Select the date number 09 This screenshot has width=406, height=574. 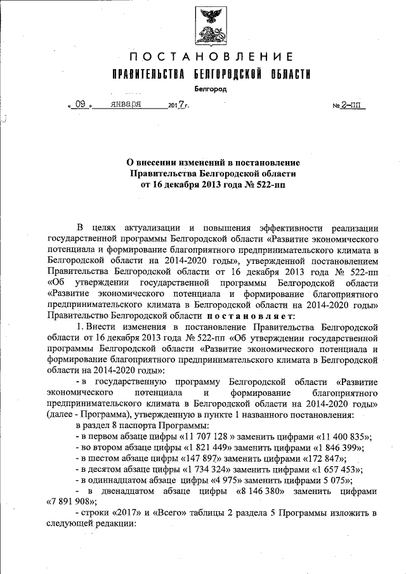pyautogui.click(x=81, y=103)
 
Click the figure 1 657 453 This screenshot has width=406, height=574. pyautogui.click(x=336, y=469)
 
